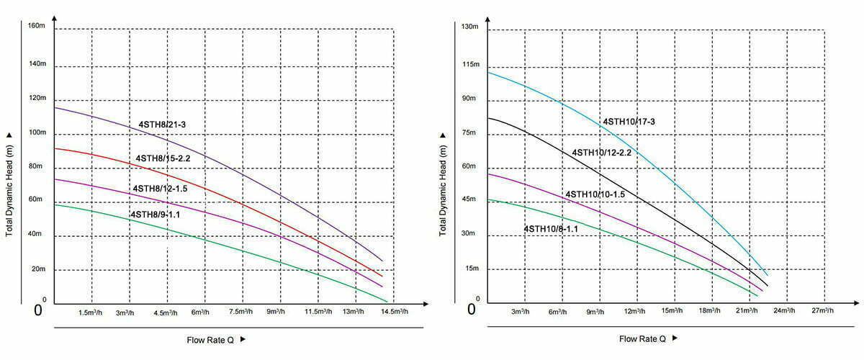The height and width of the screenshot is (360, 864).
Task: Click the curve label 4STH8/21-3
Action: pyautogui.click(x=162, y=125)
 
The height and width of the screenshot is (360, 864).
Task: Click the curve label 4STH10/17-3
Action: pyautogui.click(x=629, y=121)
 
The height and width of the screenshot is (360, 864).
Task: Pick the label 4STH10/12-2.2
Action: pyautogui.click(x=601, y=153)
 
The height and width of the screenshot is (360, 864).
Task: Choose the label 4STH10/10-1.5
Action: pyautogui.click(x=595, y=194)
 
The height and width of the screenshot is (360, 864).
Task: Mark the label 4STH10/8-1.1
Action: pyautogui.click(x=551, y=228)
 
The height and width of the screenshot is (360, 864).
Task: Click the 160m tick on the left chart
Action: pyautogui.click(x=37, y=26)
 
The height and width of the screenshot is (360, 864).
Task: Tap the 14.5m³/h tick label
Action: pyautogui.click(x=394, y=312)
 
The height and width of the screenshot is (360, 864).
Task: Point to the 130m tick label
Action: pyautogui.click(x=469, y=27)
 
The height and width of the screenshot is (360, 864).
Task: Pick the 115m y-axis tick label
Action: pyautogui.click(x=469, y=65)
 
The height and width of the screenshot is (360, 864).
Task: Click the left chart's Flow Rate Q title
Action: pyautogui.click(x=210, y=338)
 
